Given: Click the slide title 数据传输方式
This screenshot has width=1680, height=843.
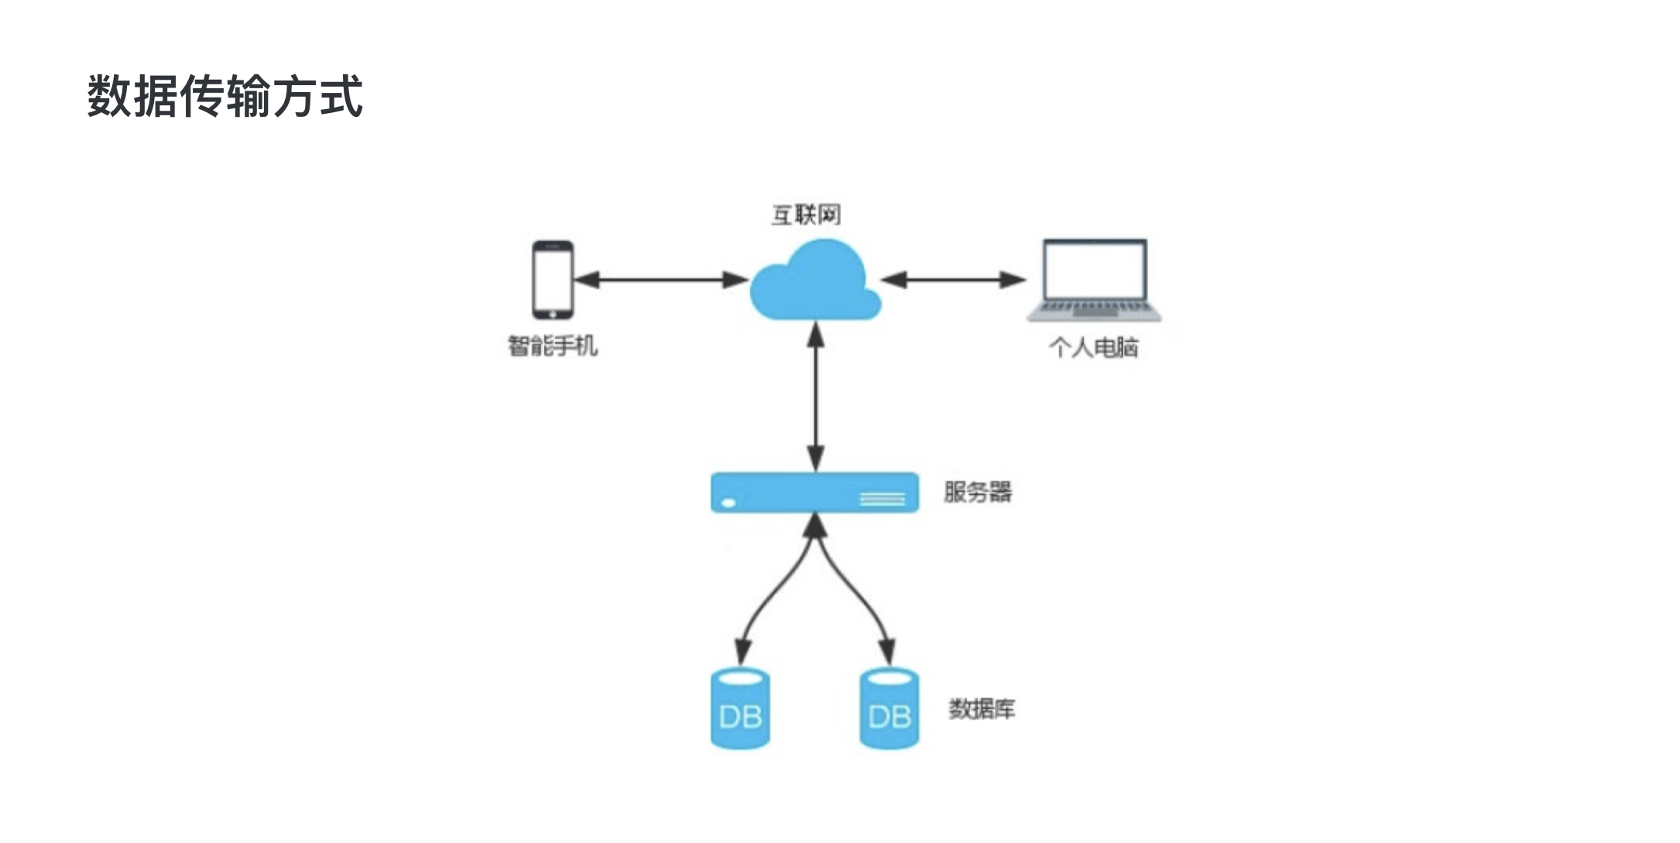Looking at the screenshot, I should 225,97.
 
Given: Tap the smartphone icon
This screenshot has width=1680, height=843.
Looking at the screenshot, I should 553,279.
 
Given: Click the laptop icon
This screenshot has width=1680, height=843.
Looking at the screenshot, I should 1094,279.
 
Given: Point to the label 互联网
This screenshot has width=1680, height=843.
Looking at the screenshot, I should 806,214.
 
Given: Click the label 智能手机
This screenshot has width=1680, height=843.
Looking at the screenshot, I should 552,345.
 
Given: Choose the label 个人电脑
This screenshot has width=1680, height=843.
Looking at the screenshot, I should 1093,347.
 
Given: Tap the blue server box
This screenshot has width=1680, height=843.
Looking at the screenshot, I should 814,492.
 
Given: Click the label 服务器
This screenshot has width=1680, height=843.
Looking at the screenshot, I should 977,492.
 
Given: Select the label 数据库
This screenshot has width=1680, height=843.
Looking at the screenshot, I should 981,708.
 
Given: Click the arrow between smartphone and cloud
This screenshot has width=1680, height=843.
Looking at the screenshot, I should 661,279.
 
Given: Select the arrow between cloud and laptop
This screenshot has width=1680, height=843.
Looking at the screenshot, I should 953,279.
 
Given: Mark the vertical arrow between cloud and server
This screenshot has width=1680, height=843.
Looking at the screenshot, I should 815,396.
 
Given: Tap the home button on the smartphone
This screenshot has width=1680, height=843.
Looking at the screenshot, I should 553,314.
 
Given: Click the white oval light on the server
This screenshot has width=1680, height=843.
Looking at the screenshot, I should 729,503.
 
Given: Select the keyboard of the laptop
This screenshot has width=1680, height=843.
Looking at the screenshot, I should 1094,308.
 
